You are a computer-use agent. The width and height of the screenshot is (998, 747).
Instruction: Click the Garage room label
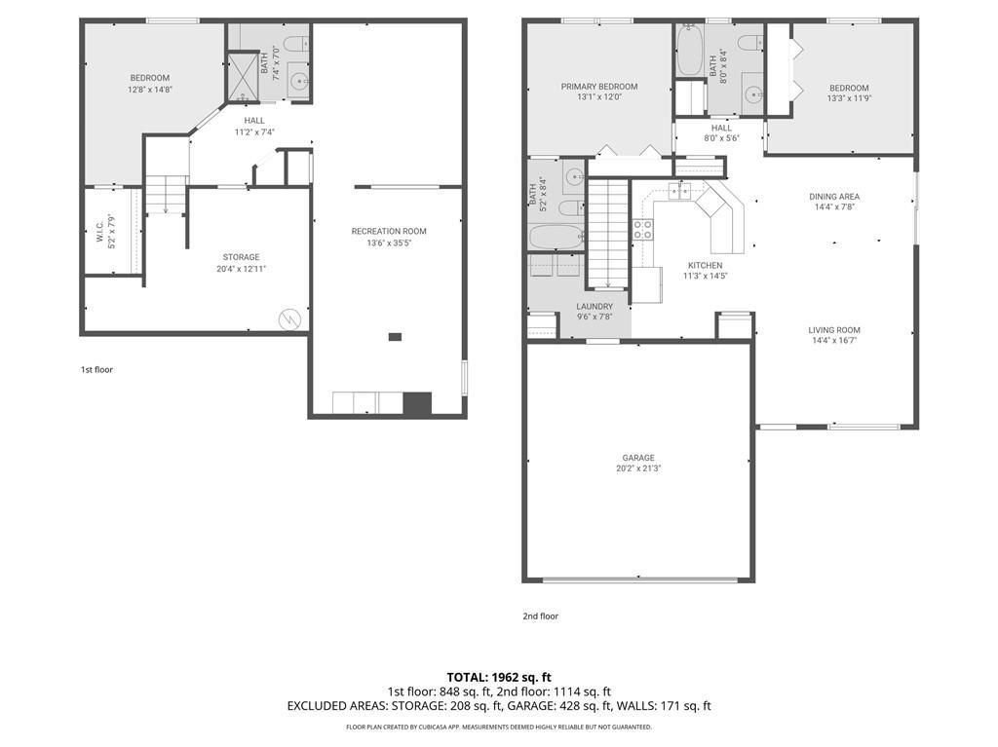coord(638,458)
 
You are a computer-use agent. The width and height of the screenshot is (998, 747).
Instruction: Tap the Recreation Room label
coord(389,231)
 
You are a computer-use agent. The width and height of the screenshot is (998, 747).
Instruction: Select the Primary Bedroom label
coord(598,87)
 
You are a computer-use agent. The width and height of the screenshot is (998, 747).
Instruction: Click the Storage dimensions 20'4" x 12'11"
coord(240,269)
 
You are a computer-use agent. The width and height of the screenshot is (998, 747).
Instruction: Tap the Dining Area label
coord(834,197)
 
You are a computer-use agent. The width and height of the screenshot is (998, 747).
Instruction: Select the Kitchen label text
coord(705,265)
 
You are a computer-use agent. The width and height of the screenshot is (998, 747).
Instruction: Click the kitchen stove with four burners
coord(643,230)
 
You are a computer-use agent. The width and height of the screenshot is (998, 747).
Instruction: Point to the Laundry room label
coord(594,306)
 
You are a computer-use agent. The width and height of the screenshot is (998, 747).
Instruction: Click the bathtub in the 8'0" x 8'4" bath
coord(689,51)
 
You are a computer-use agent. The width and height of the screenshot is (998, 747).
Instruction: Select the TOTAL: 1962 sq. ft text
coord(499,677)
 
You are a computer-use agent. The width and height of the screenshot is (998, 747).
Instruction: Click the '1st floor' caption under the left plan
coord(96,370)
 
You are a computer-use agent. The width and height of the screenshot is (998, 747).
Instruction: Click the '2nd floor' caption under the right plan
coord(541,616)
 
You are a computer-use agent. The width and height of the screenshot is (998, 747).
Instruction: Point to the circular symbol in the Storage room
coord(289,318)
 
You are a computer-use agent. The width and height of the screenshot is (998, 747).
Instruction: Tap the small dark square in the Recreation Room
coord(395,337)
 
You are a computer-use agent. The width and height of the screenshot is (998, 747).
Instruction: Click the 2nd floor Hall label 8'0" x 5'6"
coord(721,138)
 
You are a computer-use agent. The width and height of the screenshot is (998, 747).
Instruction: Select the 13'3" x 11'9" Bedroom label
coord(848,97)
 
